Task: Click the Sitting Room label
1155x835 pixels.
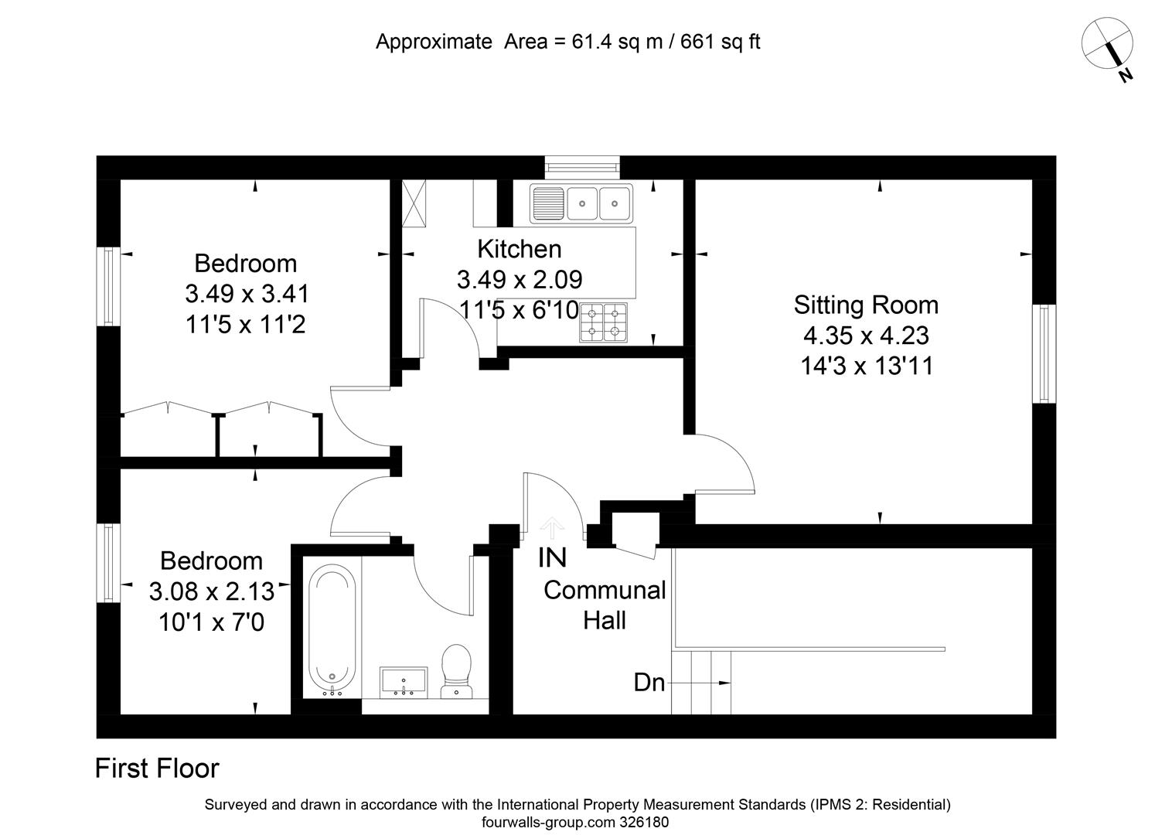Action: [x=866, y=305]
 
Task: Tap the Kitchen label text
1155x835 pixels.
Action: [x=520, y=249]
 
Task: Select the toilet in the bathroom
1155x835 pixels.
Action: [x=457, y=671]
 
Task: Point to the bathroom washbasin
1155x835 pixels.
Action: [x=404, y=683]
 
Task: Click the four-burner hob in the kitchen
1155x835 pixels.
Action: [x=603, y=322]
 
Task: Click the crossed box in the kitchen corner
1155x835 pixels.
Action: [x=414, y=203]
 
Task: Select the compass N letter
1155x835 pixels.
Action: [x=1125, y=76]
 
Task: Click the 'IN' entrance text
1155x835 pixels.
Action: [x=552, y=557]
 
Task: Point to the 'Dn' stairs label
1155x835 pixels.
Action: [x=649, y=683]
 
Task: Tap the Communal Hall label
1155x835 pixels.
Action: [x=605, y=605]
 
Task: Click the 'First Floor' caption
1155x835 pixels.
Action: [x=157, y=768]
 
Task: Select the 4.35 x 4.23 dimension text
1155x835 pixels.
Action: [x=866, y=336]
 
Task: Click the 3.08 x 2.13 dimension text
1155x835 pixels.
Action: [x=212, y=591]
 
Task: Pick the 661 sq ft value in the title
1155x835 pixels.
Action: [x=721, y=42]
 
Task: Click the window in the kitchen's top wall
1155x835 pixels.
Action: [x=583, y=167]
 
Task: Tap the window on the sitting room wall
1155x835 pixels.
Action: [x=1044, y=353]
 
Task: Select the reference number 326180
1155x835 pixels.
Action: [x=645, y=822]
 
